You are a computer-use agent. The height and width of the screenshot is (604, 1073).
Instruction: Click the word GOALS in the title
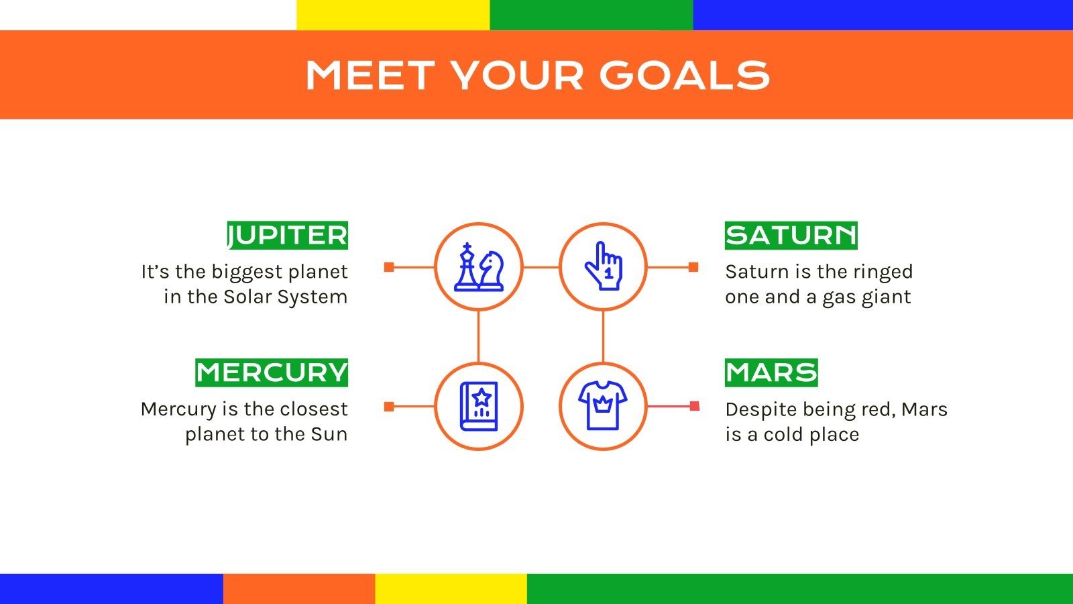click(684, 74)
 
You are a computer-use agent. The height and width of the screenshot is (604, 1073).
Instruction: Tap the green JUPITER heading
click(288, 236)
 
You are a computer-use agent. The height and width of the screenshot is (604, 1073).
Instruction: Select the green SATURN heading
click(791, 236)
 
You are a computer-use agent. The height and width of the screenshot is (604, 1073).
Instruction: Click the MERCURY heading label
click(272, 372)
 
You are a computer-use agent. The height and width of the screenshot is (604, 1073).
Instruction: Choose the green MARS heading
click(771, 372)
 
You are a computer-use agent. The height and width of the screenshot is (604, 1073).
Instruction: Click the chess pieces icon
click(478, 267)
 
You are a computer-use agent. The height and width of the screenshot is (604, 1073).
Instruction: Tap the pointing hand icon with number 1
click(603, 267)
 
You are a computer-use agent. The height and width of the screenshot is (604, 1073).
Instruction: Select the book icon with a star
click(478, 406)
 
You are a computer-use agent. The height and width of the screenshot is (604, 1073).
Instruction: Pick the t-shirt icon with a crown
click(603, 406)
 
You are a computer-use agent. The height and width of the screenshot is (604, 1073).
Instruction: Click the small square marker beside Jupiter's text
click(389, 267)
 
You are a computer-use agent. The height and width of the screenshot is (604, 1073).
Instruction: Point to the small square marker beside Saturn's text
click(693, 267)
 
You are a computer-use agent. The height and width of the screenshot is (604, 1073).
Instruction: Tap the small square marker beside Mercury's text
click(389, 406)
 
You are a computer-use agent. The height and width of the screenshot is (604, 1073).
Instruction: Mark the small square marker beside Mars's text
click(694, 406)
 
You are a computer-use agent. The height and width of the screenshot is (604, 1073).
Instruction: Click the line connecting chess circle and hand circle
click(541, 267)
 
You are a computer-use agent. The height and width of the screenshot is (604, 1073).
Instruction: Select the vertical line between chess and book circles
click(478, 336)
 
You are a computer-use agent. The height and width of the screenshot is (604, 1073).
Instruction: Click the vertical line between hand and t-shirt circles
click(603, 336)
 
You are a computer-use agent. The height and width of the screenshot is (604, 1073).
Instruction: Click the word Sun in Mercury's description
click(329, 434)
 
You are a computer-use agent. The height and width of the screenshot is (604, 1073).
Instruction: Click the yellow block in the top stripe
click(393, 15)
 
